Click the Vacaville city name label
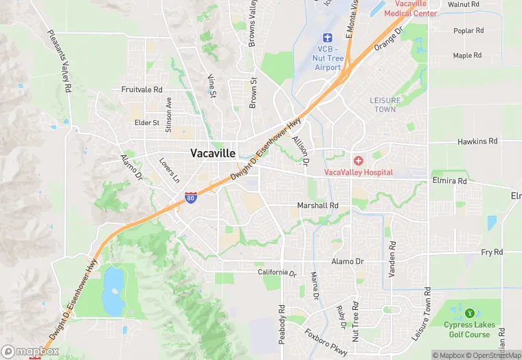click(x=213, y=153)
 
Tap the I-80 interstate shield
click(x=190, y=199)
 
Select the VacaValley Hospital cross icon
click(x=359, y=160)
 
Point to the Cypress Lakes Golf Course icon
click(x=472, y=313)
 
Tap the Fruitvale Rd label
click(x=141, y=90)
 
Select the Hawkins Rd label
click(x=477, y=142)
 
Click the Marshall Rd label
click(x=317, y=205)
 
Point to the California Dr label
click(x=277, y=273)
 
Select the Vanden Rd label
click(x=392, y=259)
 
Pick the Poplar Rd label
click(x=468, y=31)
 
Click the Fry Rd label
click(x=492, y=253)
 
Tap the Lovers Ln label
click(x=169, y=171)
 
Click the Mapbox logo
click(x=30, y=351)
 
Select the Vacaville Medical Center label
click(x=410, y=8)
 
